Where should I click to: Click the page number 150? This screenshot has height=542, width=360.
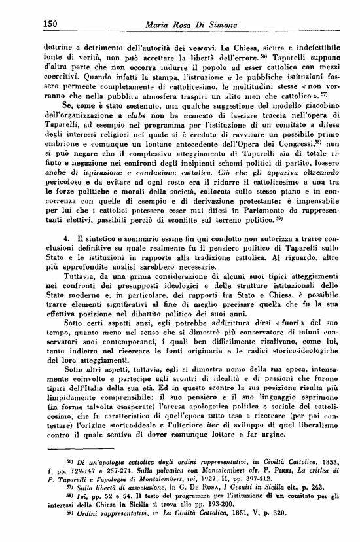[x=52, y=24]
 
